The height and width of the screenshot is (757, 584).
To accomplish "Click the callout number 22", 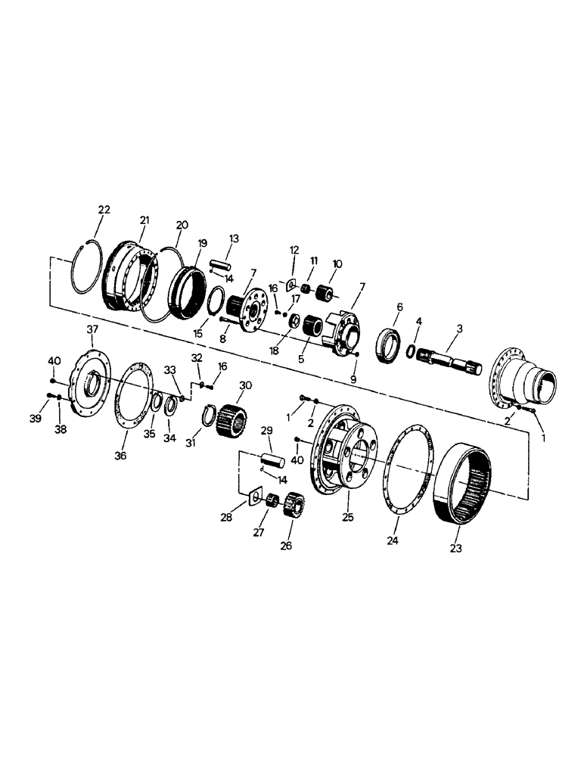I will pyautogui.click(x=104, y=210).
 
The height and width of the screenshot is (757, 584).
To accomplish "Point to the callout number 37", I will pyautogui.click(x=92, y=329).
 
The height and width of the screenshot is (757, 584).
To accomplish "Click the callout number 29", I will pyautogui.click(x=266, y=430).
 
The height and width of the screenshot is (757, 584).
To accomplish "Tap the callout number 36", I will pyautogui.click(x=121, y=456).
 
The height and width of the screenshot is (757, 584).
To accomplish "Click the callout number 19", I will pyautogui.click(x=202, y=243).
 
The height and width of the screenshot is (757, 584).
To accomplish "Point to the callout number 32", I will pyautogui.click(x=197, y=357).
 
